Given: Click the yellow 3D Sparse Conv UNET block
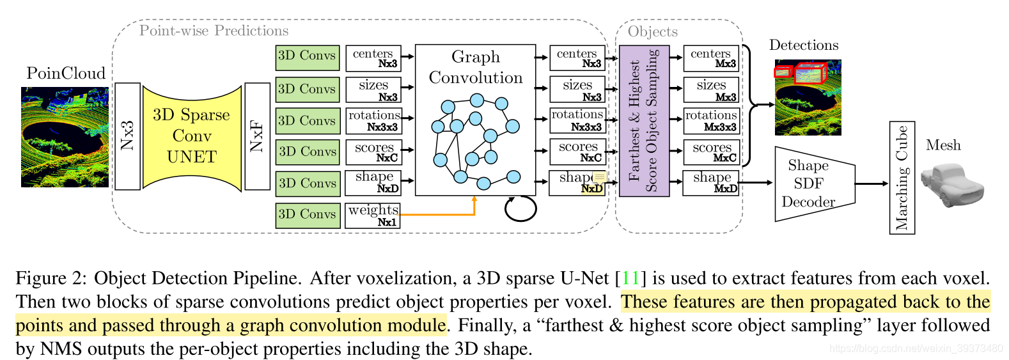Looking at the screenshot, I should coord(192,136).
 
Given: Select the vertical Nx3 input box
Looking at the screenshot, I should coord(127,136).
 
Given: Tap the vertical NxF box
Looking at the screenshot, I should coord(257,136).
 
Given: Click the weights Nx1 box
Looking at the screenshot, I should coord(373,215).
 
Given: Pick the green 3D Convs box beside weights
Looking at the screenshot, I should coord(307,215).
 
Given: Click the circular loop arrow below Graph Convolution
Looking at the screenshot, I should coord(520,208).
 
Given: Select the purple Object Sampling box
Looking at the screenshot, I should coord(643,121).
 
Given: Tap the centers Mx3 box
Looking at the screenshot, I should coord(711,58).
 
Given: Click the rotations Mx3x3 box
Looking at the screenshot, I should coord(711,120).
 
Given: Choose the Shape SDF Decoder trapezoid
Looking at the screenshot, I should coord(812,184).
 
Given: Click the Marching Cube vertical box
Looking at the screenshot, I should coord(902,178).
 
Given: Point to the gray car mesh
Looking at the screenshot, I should coord(952,185).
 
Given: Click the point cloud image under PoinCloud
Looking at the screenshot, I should coord(65,137).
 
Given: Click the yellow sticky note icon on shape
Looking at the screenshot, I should coord(599,178).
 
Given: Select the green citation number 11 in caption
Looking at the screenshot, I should coord(630,278).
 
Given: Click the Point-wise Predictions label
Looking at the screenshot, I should coord(214,31).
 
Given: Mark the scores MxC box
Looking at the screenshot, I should coord(711,152).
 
